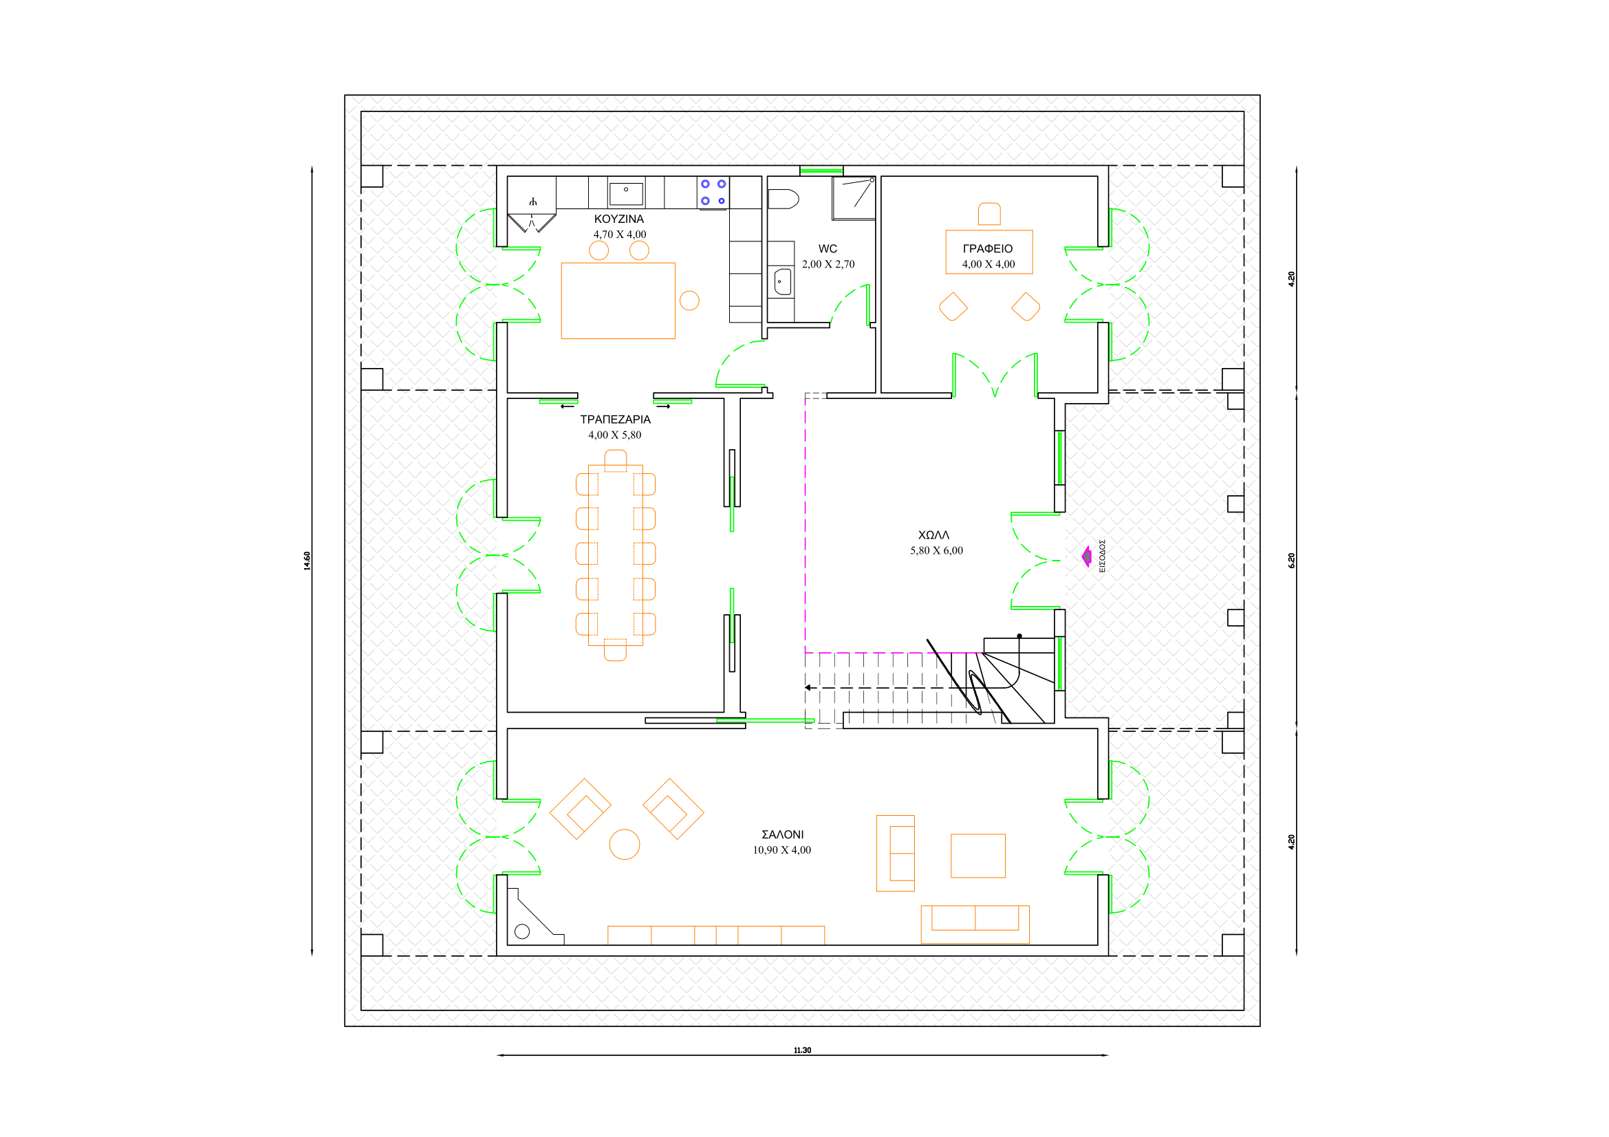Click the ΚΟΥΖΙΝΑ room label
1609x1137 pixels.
point(619,219)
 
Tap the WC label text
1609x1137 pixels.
point(828,249)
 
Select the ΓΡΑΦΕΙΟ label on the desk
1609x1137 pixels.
point(987,249)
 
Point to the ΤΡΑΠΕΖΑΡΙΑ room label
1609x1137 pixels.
point(615,420)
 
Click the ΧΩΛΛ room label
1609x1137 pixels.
point(933,535)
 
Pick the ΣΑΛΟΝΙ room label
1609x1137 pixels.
point(782,834)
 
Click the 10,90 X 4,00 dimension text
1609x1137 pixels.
point(781,849)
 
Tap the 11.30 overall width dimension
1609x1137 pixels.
point(802,1050)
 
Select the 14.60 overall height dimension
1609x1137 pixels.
point(307,561)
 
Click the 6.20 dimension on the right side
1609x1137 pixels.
point(1292,561)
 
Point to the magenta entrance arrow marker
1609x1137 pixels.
point(1087,556)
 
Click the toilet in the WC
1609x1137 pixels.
point(784,199)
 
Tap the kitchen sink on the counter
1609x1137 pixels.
point(626,193)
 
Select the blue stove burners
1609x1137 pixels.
point(713,193)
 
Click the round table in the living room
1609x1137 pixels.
point(625,844)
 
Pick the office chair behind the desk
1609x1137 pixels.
point(989,214)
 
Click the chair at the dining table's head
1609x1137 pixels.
point(615,460)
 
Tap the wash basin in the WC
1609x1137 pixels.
point(783,281)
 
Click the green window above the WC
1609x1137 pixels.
point(821,170)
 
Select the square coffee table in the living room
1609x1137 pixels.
point(978,856)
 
